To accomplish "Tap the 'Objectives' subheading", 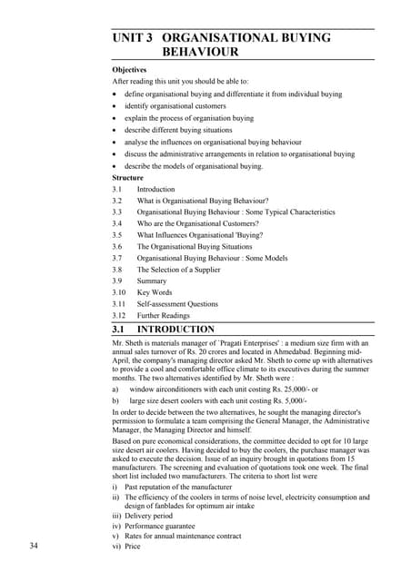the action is [x=129, y=69].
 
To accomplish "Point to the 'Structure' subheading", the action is [x=126, y=178].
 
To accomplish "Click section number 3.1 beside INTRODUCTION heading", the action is [x=118, y=329].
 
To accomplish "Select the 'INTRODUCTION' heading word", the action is [x=175, y=329].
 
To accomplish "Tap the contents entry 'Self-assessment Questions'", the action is [x=177, y=304].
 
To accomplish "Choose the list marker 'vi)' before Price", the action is [x=116, y=547].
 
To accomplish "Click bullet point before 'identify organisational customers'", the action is [x=114, y=106].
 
